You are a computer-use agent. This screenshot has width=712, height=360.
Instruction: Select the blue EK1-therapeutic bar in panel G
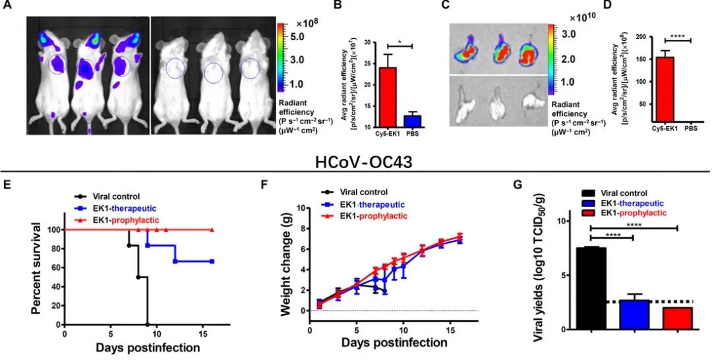coord(634,314)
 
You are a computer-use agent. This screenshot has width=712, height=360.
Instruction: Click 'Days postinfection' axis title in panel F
coord(394,343)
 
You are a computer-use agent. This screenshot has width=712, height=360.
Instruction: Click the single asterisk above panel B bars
coord(399,42)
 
